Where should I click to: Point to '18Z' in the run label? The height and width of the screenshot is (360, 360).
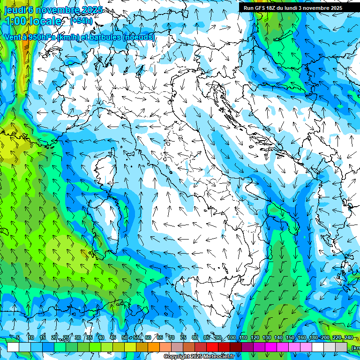pos(272,8)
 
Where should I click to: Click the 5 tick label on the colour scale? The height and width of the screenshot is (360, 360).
pos(18,338)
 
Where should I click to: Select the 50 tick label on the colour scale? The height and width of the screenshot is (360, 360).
pos(125,338)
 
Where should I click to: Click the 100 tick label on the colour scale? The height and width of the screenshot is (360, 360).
pos(232,338)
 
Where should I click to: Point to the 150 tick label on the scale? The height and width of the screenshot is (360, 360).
pos(290,338)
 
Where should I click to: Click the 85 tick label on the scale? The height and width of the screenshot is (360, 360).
pos(207,338)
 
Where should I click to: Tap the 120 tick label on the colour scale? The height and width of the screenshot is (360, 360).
pos(255,338)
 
